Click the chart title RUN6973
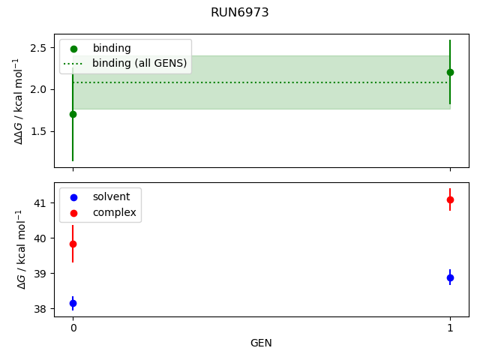pyautogui.click(x=240, y=13)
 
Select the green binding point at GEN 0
pyautogui.click(x=73, y=114)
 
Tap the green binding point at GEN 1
pyautogui.click(x=450, y=72)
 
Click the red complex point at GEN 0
pyautogui.click(x=73, y=244)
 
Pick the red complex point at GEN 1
pyautogui.click(x=450, y=199)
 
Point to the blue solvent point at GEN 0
pyautogui.click(x=73, y=303)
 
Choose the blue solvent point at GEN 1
pyautogui.click(x=450, y=277)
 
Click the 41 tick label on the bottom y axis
pyautogui.click(x=41, y=203)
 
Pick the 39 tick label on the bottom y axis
pyautogui.click(x=41, y=274)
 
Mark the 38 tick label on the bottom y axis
pyautogui.click(x=41, y=309)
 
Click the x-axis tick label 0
pyautogui.click(x=73, y=328)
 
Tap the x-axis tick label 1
pyautogui.click(x=450, y=328)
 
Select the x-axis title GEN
pyautogui.click(x=261, y=343)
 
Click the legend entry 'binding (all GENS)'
pyautogui.click(x=139, y=64)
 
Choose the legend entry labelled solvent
pyautogui.click(x=111, y=196)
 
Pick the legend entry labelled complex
pyautogui.click(x=114, y=212)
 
